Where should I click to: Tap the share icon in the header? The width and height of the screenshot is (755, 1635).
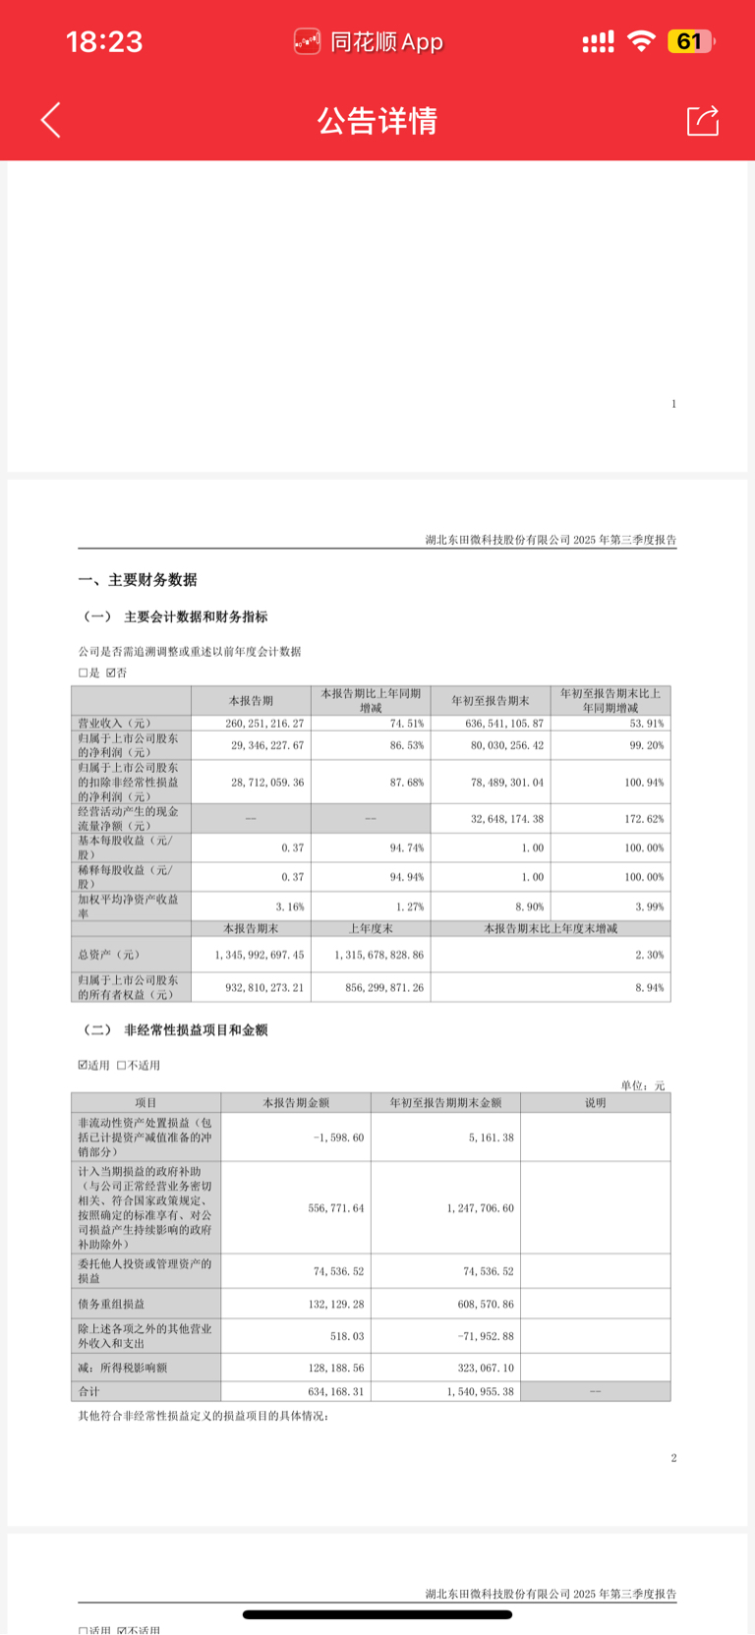tap(702, 120)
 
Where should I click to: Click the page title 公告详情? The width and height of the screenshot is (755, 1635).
tap(377, 121)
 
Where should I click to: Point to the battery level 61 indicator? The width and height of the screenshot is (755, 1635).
tap(689, 41)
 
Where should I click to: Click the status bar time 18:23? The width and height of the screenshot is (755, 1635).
tap(104, 41)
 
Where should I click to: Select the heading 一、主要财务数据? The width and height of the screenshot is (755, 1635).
tap(138, 580)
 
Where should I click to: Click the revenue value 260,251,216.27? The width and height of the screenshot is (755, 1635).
tap(265, 723)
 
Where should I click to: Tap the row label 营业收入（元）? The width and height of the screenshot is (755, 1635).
tap(115, 723)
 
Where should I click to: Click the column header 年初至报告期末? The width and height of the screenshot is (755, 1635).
tap(490, 700)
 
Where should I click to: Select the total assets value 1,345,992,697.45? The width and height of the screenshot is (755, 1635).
tap(260, 955)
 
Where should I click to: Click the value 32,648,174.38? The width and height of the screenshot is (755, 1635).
tap(507, 818)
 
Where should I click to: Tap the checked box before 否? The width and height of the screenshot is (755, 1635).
tap(111, 673)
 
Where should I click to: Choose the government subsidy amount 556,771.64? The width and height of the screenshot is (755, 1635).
tap(336, 1207)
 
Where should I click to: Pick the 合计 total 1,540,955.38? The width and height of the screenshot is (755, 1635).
tap(480, 1391)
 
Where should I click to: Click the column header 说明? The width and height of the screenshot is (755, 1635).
tap(595, 1103)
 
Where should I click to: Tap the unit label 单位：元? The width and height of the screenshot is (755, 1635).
tap(643, 1085)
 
